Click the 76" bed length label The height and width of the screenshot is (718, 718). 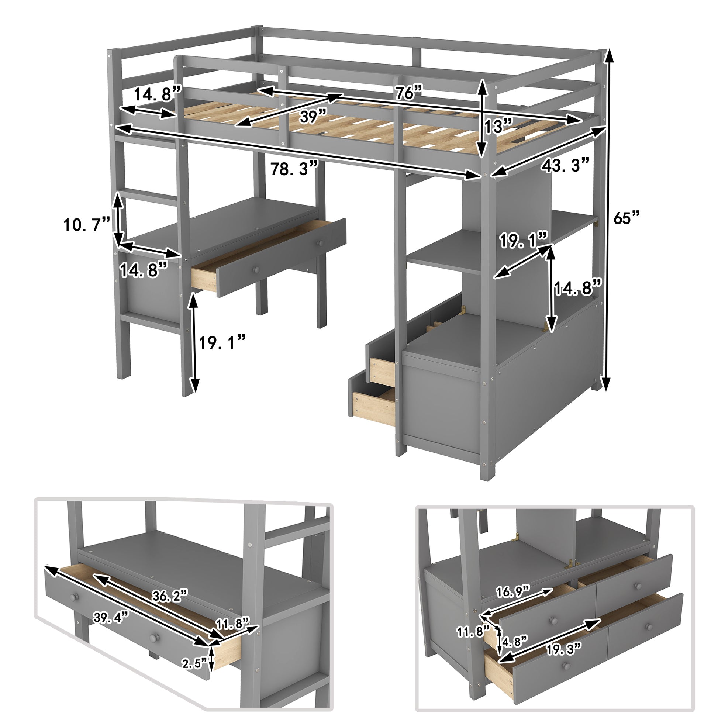pos(408,92)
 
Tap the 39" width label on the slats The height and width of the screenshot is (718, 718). pos(313,117)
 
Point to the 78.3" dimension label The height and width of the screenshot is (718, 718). pos(294,169)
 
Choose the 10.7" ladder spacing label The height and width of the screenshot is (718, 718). pos(87,225)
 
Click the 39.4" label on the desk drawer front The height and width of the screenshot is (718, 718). pos(111,618)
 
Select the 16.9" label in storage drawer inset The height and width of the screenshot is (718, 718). pos(513,591)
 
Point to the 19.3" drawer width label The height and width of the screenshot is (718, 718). pos(563,650)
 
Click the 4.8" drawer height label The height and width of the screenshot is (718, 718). pos(515,641)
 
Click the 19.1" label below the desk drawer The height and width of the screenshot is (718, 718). pos(222,342)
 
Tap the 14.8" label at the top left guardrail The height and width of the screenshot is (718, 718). pos(156,94)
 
